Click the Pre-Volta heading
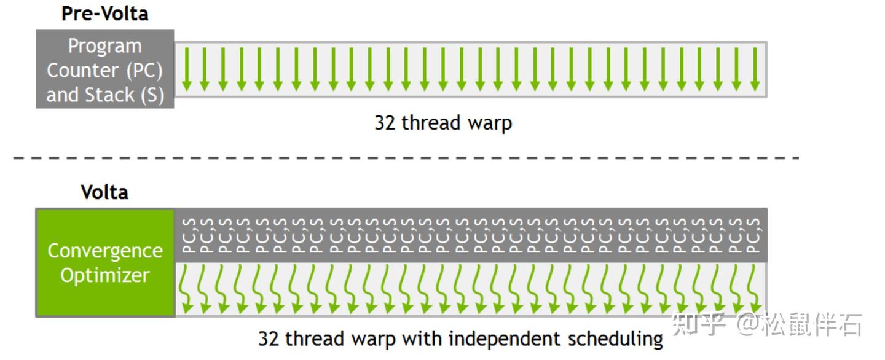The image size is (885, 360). point(105,14)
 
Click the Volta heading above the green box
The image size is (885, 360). point(104,192)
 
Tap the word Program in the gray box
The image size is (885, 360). point(104,47)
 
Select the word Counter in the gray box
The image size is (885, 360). point(82,71)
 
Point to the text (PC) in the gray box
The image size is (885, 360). point(144,71)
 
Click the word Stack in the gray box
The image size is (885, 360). point(110,95)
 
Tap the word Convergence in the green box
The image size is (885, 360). point(105,251)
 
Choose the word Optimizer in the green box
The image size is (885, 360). point(105,275)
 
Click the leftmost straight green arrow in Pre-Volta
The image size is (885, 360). point(187,69)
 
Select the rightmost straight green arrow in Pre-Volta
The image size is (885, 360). point(755,69)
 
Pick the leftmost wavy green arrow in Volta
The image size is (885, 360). point(186,289)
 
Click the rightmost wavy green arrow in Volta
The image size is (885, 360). point(754,289)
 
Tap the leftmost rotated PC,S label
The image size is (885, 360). point(189,235)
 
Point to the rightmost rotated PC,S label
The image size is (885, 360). point(753,235)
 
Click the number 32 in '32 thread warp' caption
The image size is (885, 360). point(385,123)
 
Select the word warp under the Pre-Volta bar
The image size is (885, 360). point(490,123)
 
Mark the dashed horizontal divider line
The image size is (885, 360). point(406,158)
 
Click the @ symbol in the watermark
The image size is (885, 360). point(748,324)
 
